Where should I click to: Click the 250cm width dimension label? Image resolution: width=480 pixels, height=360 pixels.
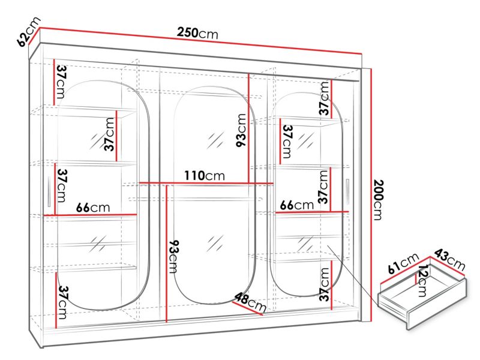pos(198,33)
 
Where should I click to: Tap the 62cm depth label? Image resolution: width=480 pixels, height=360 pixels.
pos(29,31)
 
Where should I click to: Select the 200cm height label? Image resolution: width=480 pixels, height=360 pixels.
pos(379,200)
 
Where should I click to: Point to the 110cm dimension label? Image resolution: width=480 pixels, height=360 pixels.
pos(205,176)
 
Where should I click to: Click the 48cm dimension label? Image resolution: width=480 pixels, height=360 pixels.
pos(250,302)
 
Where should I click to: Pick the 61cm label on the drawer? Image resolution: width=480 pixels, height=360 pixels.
pos(403,263)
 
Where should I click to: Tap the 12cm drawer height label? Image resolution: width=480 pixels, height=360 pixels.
pos(422,281)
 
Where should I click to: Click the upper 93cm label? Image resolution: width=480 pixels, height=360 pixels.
pos(241,130)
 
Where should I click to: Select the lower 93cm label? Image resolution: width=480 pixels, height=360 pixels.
pos(173,257)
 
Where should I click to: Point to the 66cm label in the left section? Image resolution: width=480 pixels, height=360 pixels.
pos(93,208)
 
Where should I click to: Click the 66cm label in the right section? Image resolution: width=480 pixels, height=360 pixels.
pos(296,205)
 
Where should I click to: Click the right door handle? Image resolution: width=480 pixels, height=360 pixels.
pos(347,192)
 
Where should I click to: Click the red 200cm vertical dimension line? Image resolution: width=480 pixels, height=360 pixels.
pos(371,195)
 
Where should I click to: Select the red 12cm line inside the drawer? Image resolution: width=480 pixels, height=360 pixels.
pos(415,278)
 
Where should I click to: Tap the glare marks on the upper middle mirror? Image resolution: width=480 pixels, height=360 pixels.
pos(215,140)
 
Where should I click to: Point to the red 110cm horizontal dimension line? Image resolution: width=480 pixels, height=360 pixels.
pos(206,184)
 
